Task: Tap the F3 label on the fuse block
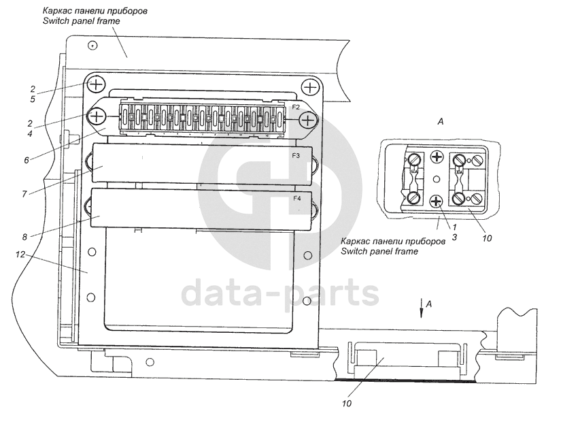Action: click(x=296, y=156)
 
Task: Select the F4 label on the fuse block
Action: click(x=297, y=199)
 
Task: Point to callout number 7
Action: click(x=24, y=194)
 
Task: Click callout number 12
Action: click(x=20, y=255)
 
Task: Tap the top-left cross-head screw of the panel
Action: click(x=96, y=85)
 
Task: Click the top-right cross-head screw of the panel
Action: click(x=311, y=87)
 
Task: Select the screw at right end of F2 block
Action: click(x=308, y=120)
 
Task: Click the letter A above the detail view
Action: click(x=440, y=121)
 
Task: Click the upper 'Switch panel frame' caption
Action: click(x=81, y=22)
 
